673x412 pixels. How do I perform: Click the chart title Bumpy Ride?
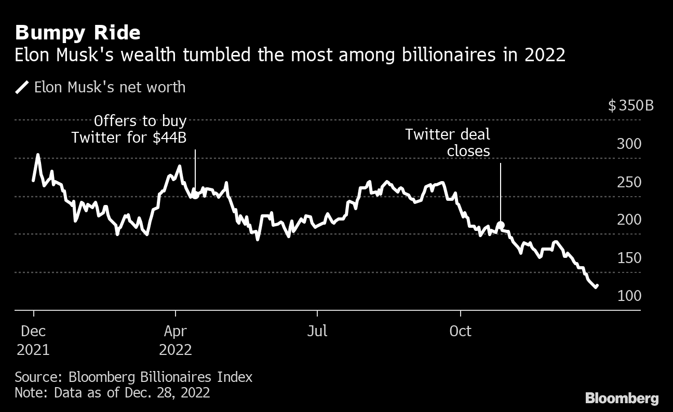point(77,33)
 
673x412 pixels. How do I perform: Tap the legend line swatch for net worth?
point(22,87)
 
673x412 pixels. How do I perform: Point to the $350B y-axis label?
point(631,106)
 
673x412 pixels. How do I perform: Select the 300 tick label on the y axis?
point(629,144)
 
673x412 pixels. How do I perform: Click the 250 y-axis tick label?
point(629,183)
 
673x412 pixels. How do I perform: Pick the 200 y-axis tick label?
point(629,220)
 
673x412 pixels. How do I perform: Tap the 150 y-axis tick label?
point(629,258)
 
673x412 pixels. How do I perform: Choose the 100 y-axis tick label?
point(629,296)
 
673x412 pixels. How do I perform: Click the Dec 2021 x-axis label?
point(33,340)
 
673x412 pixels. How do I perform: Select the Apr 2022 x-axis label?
point(176,340)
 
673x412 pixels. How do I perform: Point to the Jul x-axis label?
point(317,331)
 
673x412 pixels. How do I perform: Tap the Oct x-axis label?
point(460,331)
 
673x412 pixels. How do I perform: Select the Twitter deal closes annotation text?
point(448,143)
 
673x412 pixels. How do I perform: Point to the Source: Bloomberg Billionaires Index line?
point(133,377)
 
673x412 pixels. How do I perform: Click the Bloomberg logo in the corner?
point(622,399)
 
